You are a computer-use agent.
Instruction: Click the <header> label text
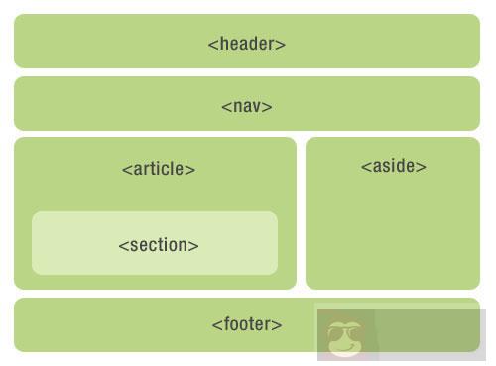(x=247, y=44)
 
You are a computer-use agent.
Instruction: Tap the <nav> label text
(x=247, y=106)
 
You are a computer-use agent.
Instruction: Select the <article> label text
(x=159, y=169)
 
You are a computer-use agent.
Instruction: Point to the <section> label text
(x=159, y=245)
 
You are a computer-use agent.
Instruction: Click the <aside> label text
(x=394, y=166)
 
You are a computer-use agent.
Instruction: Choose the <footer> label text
(x=247, y=324)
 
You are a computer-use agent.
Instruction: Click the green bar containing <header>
(x=99, y=42)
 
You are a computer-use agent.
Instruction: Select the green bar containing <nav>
(x=99, y=104)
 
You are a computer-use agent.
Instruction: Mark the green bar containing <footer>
(x=99, y=324)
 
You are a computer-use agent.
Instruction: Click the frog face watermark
(x=346, y=337)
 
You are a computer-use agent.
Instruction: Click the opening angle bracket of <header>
(x=212, y=45)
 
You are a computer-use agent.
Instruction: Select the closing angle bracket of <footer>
(x=278, y=325)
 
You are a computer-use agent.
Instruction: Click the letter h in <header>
(x=222, y=44)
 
